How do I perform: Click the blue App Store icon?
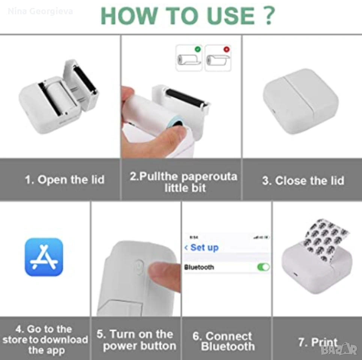(x=44, y=257)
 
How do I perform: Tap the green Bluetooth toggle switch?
(x=263, y=267)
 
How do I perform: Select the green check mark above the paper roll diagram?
(x=198, y=49)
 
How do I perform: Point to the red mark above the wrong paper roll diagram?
(x=227, y=49)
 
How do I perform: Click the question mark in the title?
(x=269, y=15)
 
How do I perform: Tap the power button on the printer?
(x=139, y=267)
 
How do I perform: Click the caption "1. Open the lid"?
(x=64, y=180)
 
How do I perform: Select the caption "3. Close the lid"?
(x=303, y=180)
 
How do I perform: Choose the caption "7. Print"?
(x=318, y=342)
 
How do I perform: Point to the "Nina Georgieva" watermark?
(x=40, y=11)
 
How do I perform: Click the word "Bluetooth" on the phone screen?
(x=199, y=267)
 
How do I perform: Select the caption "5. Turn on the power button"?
(x=136, y=340)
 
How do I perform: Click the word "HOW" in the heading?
(x=129, y=16)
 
